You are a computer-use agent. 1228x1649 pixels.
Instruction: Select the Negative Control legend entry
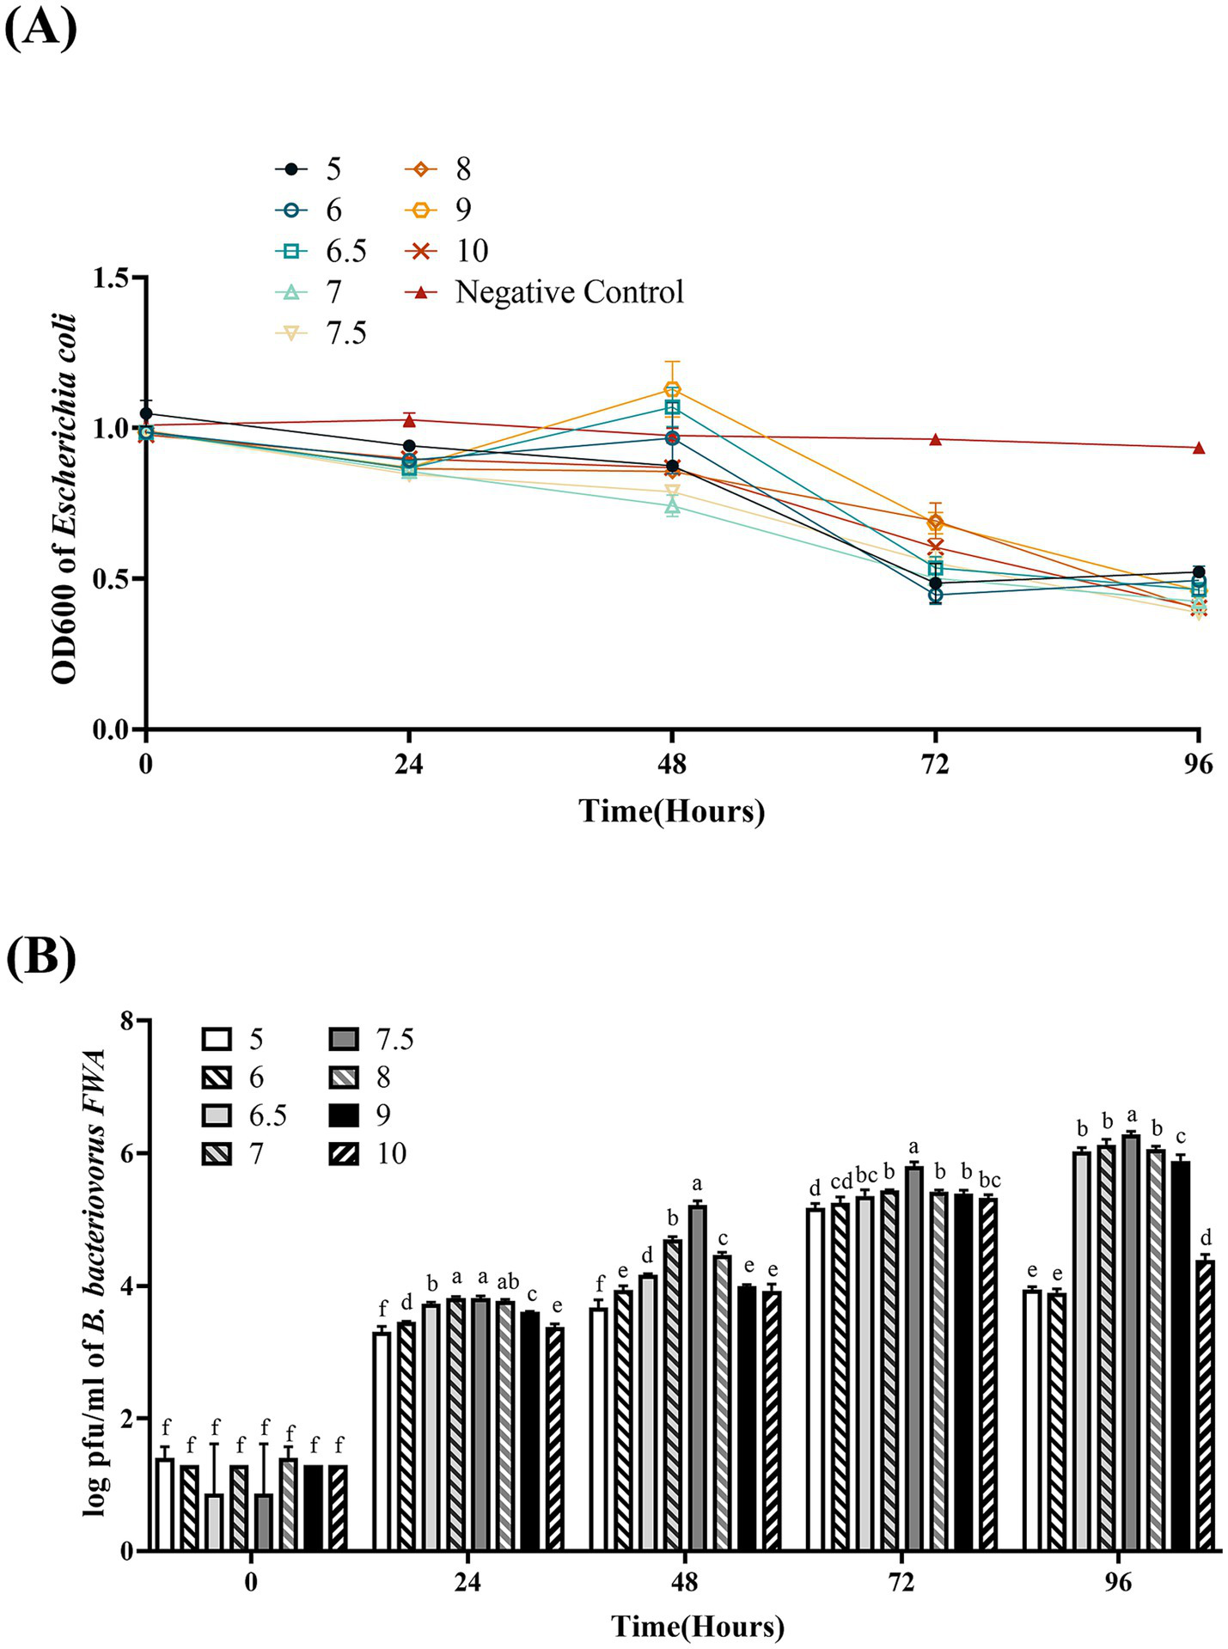coord(568,292)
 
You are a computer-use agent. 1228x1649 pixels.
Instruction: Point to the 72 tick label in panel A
coord(935,763)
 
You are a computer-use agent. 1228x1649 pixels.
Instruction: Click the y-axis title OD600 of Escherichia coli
coord(65,498)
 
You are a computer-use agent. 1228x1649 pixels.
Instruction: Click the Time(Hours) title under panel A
coord(671,811)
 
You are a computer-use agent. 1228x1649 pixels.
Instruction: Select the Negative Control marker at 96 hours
coord(1199,448)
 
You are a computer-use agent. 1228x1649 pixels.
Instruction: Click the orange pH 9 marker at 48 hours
coord(672,388)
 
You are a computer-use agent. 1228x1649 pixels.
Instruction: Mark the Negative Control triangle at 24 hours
coord(409,420)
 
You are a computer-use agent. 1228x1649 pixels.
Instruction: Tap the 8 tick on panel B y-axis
coord(126,1020)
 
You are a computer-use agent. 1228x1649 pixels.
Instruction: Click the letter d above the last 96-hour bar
coord(1206,1238)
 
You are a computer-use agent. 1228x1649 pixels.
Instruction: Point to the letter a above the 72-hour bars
coord(913,1146)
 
